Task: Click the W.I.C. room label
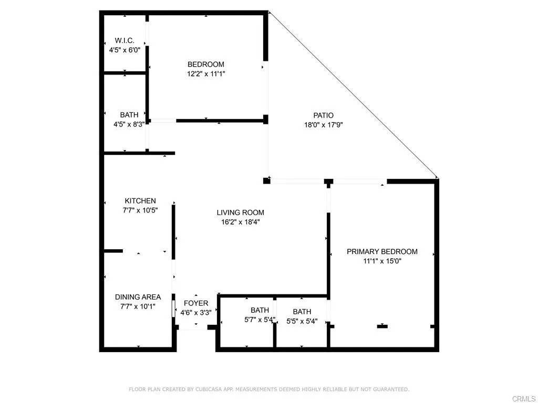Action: click(125, 41)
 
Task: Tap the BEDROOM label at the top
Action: click(206, 65)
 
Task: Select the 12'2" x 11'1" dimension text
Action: click(206, 74)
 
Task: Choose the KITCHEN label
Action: click(140, 201)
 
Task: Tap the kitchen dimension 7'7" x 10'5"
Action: click(140, 210)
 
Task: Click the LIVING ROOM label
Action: click(241, 213)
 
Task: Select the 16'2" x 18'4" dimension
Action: click(241, 222)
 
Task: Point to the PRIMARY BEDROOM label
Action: click(382, 251)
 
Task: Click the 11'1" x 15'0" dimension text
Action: click(382, 261)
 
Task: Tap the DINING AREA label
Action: click(138, 297)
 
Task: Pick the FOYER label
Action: click(196, 303)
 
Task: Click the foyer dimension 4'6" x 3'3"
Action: click(196, 313)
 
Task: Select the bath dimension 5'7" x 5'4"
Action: click(260, 320)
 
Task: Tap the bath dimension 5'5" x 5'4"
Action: click(302, 321)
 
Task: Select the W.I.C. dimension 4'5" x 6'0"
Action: click(125, 50)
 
